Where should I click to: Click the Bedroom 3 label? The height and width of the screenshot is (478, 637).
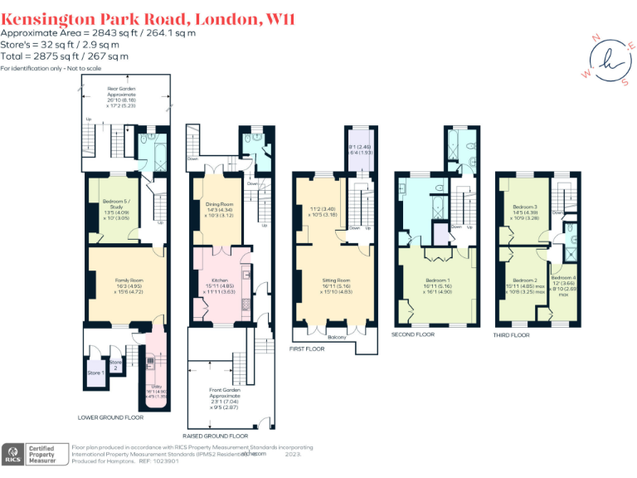click(x=524, y=207)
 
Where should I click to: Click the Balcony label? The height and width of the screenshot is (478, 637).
click(x=336, y=337)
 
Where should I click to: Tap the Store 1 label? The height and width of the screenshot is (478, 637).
click(x=95, y=373)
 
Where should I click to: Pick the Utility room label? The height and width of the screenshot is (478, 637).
click(x=157, y=388)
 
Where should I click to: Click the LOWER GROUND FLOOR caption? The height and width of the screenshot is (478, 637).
click(x=111, y=417)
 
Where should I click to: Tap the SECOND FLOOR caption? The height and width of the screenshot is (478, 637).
click(x=413, y=334)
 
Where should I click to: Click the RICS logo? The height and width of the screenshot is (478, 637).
click(x=13, y=454)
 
